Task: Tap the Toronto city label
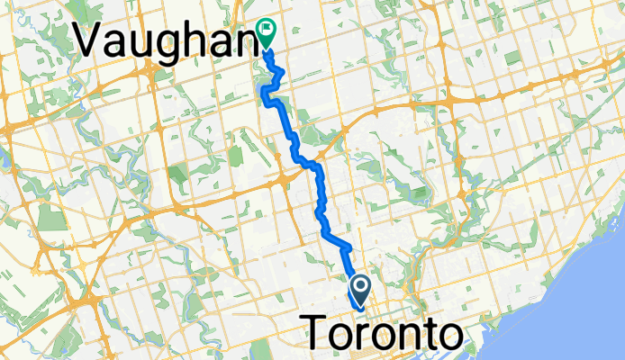coord(388,334)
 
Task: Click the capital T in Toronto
coord(323,334)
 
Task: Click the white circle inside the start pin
coord(360,286)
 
